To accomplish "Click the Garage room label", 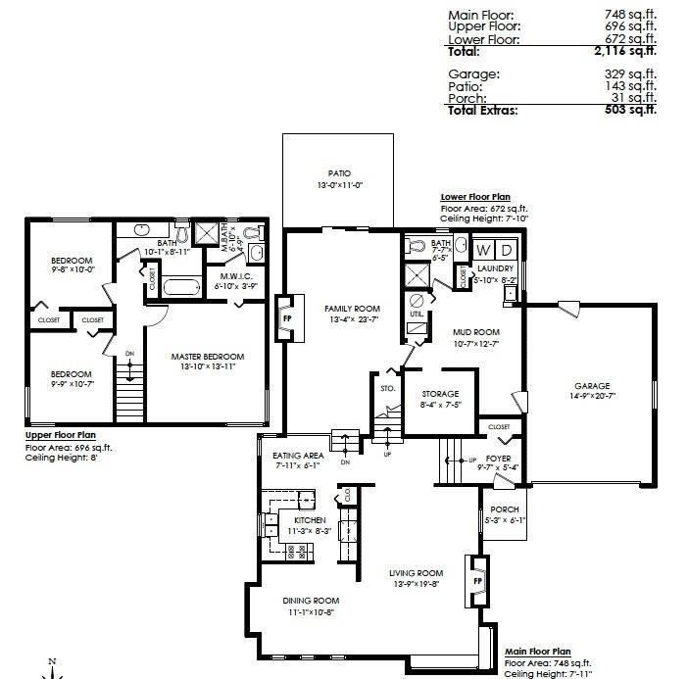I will [592, 386].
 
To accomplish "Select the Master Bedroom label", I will [208, 356].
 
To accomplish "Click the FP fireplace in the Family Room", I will [287, 318].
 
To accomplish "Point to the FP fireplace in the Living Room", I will [478, 579].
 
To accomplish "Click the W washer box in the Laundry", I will [484, 250].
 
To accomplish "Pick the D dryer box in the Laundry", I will [507, 250].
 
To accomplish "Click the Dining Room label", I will [311, 601].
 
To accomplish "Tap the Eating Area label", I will [298, 455].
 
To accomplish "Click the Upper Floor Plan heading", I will [60, 435].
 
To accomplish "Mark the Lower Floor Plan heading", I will [475, 197].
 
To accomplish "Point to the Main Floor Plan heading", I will [537, 651].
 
